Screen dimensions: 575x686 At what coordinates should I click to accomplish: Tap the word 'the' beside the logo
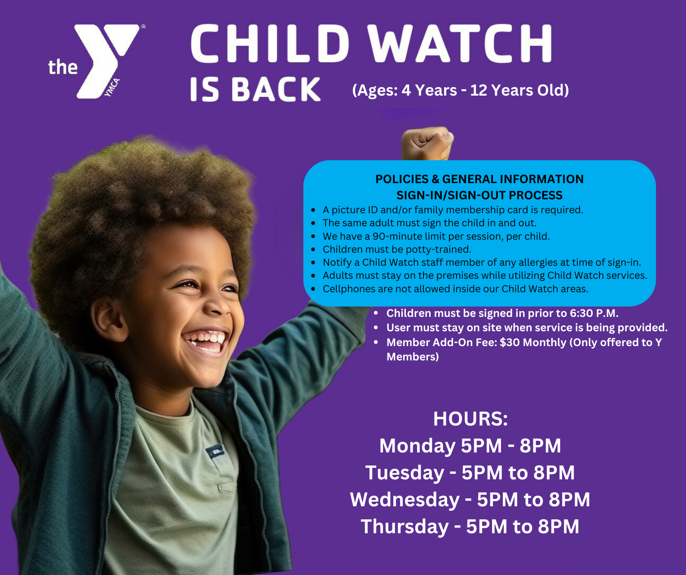tap(63, 67)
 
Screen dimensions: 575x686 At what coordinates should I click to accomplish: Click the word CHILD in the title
tap(269, 44)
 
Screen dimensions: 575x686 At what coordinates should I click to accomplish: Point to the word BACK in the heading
tap(276, 89)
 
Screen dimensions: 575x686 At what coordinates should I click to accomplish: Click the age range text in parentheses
tap(460, 90)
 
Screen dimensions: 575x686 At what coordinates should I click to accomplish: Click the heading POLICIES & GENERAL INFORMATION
tap(479, 179)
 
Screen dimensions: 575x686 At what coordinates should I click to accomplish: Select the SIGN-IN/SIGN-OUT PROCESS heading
tap(479, 195)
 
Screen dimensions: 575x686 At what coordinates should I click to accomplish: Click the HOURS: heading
tap(470, 419)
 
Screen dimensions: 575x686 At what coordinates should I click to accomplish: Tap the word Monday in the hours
tap(417, 446)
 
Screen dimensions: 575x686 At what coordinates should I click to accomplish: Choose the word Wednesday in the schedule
tap(405, 500)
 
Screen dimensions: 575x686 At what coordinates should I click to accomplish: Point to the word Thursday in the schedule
tap(404, 527)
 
